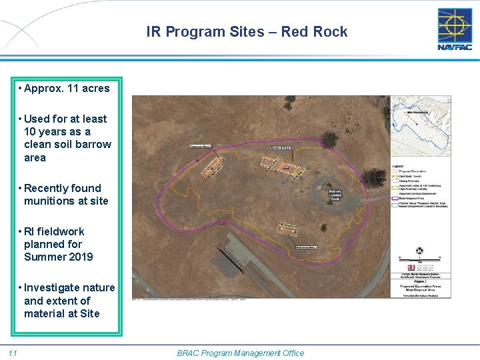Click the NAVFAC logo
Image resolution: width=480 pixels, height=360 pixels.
[455, 29]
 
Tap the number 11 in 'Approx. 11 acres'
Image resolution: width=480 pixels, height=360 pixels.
[73, 88]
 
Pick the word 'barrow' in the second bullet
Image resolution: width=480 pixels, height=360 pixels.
[96, 144]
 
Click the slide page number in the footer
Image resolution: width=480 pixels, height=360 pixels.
[13, 353]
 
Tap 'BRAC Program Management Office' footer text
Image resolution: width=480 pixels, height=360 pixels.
[241, 353]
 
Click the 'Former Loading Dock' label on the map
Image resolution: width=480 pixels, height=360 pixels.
[335, 195]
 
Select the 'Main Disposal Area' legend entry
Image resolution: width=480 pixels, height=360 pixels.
[413, 198]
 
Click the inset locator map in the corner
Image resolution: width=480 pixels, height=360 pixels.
[420, 126]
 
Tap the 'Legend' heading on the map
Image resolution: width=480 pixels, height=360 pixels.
[397, 165]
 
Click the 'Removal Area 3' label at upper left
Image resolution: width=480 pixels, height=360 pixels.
[201, 146]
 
